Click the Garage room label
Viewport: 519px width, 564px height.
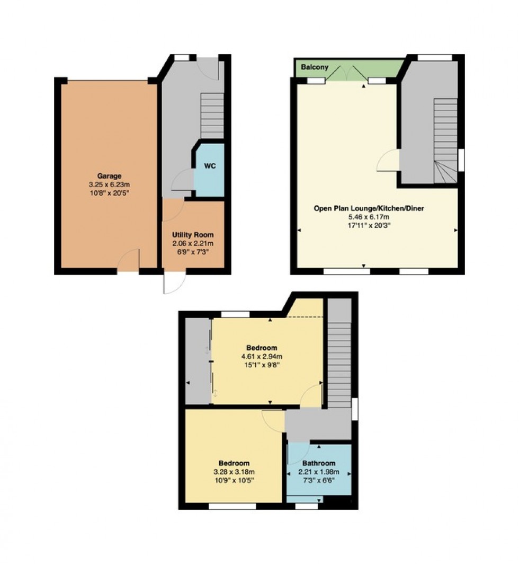coord(109,176)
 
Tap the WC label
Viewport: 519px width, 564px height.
coord(209,166)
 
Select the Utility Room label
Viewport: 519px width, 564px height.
coord(193,234)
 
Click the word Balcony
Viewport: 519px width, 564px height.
coord(315,67)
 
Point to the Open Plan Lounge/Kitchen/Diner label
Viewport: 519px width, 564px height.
coord(369,208)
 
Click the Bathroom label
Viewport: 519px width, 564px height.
coord(319,463)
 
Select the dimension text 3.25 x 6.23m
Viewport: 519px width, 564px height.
coord(109,184)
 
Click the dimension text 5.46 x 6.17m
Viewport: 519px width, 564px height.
coord(369,217)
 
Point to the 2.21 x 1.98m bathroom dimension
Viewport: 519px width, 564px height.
coord(319,472)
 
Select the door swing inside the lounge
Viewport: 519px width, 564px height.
coord(387,161)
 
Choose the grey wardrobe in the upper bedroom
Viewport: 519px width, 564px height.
coord(198,360)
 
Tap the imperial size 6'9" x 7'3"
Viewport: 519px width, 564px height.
coord(193,251)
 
